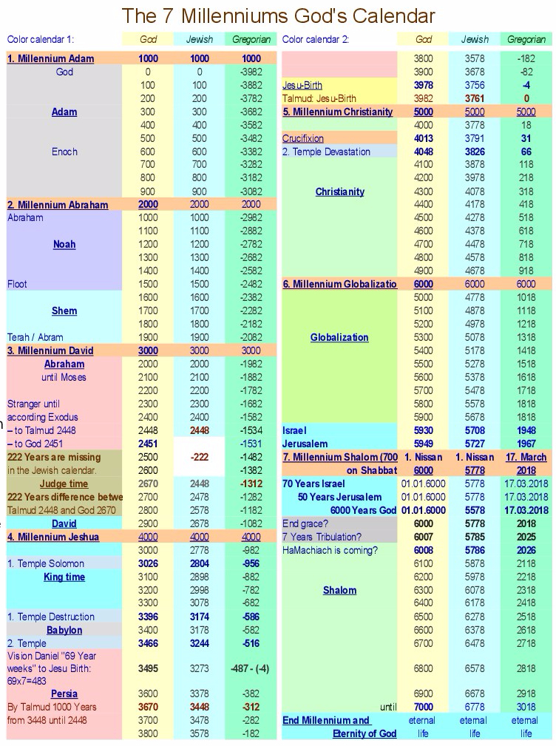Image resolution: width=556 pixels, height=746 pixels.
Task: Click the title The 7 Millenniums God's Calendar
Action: click(278, 16)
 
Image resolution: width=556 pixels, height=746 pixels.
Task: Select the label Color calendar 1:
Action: click(41, 39)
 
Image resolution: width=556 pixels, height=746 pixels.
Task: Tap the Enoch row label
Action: click(64, 152)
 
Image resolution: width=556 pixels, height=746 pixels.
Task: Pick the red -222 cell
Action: click(200, 457)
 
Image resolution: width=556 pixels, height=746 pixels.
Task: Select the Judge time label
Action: click(64, 484)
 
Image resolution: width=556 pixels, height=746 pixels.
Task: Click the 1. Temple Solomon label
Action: click(46, 563)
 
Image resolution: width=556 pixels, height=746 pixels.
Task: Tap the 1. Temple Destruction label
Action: click(51, 617)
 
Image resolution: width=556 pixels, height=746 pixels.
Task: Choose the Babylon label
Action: click(64, 630)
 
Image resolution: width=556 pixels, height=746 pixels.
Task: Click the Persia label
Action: click(64, 694)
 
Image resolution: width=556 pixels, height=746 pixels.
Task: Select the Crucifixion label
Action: click(303, 138)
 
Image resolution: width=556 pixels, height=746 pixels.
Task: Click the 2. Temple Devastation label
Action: click(326, 152)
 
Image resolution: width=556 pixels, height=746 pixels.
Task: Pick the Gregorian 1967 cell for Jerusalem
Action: click(526, 444)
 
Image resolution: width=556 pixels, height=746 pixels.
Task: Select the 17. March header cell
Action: click(526, 457)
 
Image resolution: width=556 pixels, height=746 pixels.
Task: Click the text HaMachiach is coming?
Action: click(330, 550)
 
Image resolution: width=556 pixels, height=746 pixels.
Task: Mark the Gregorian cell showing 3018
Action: click(526, 707)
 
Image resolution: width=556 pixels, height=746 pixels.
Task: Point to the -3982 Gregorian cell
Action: click(251, 72)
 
